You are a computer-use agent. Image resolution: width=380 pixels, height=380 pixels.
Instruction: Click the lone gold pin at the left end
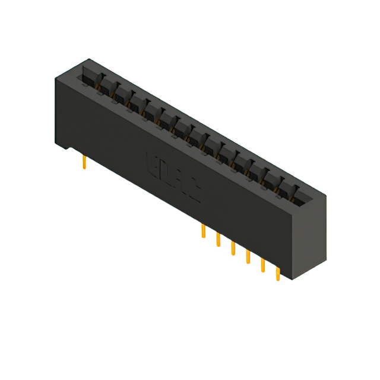pos(85,162)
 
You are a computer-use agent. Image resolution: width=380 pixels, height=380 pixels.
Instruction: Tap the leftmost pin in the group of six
pos(204,231)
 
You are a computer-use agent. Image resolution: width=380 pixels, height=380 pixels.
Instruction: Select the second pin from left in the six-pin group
pos(218,239)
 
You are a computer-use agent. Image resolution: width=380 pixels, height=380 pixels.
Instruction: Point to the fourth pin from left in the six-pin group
pos(248,256)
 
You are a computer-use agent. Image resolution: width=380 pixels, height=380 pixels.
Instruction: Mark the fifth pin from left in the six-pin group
pos(262,265)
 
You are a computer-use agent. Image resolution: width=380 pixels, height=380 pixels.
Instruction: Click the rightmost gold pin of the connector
pos(277,273)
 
